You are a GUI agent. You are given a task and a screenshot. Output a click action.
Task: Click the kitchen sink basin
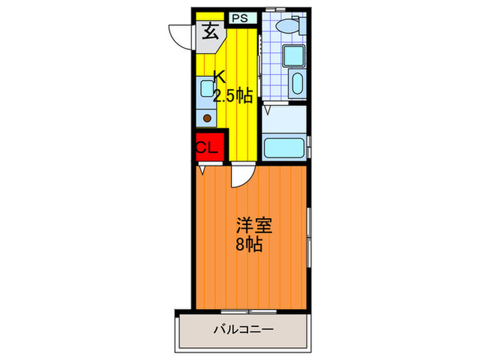click(206, 88)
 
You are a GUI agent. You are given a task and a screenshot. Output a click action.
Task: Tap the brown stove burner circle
click(207, 117)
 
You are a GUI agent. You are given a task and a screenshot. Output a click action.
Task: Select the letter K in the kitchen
click(218, 76)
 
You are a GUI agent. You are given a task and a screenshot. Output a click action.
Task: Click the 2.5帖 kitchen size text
click(232, 97)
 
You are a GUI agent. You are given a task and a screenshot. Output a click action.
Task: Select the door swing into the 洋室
click(241, 177)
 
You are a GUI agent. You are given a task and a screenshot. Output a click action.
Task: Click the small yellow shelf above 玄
click(210, 16)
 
